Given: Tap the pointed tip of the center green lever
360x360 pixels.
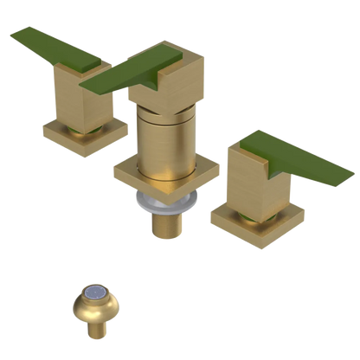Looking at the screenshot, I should (x=86, y=87).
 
